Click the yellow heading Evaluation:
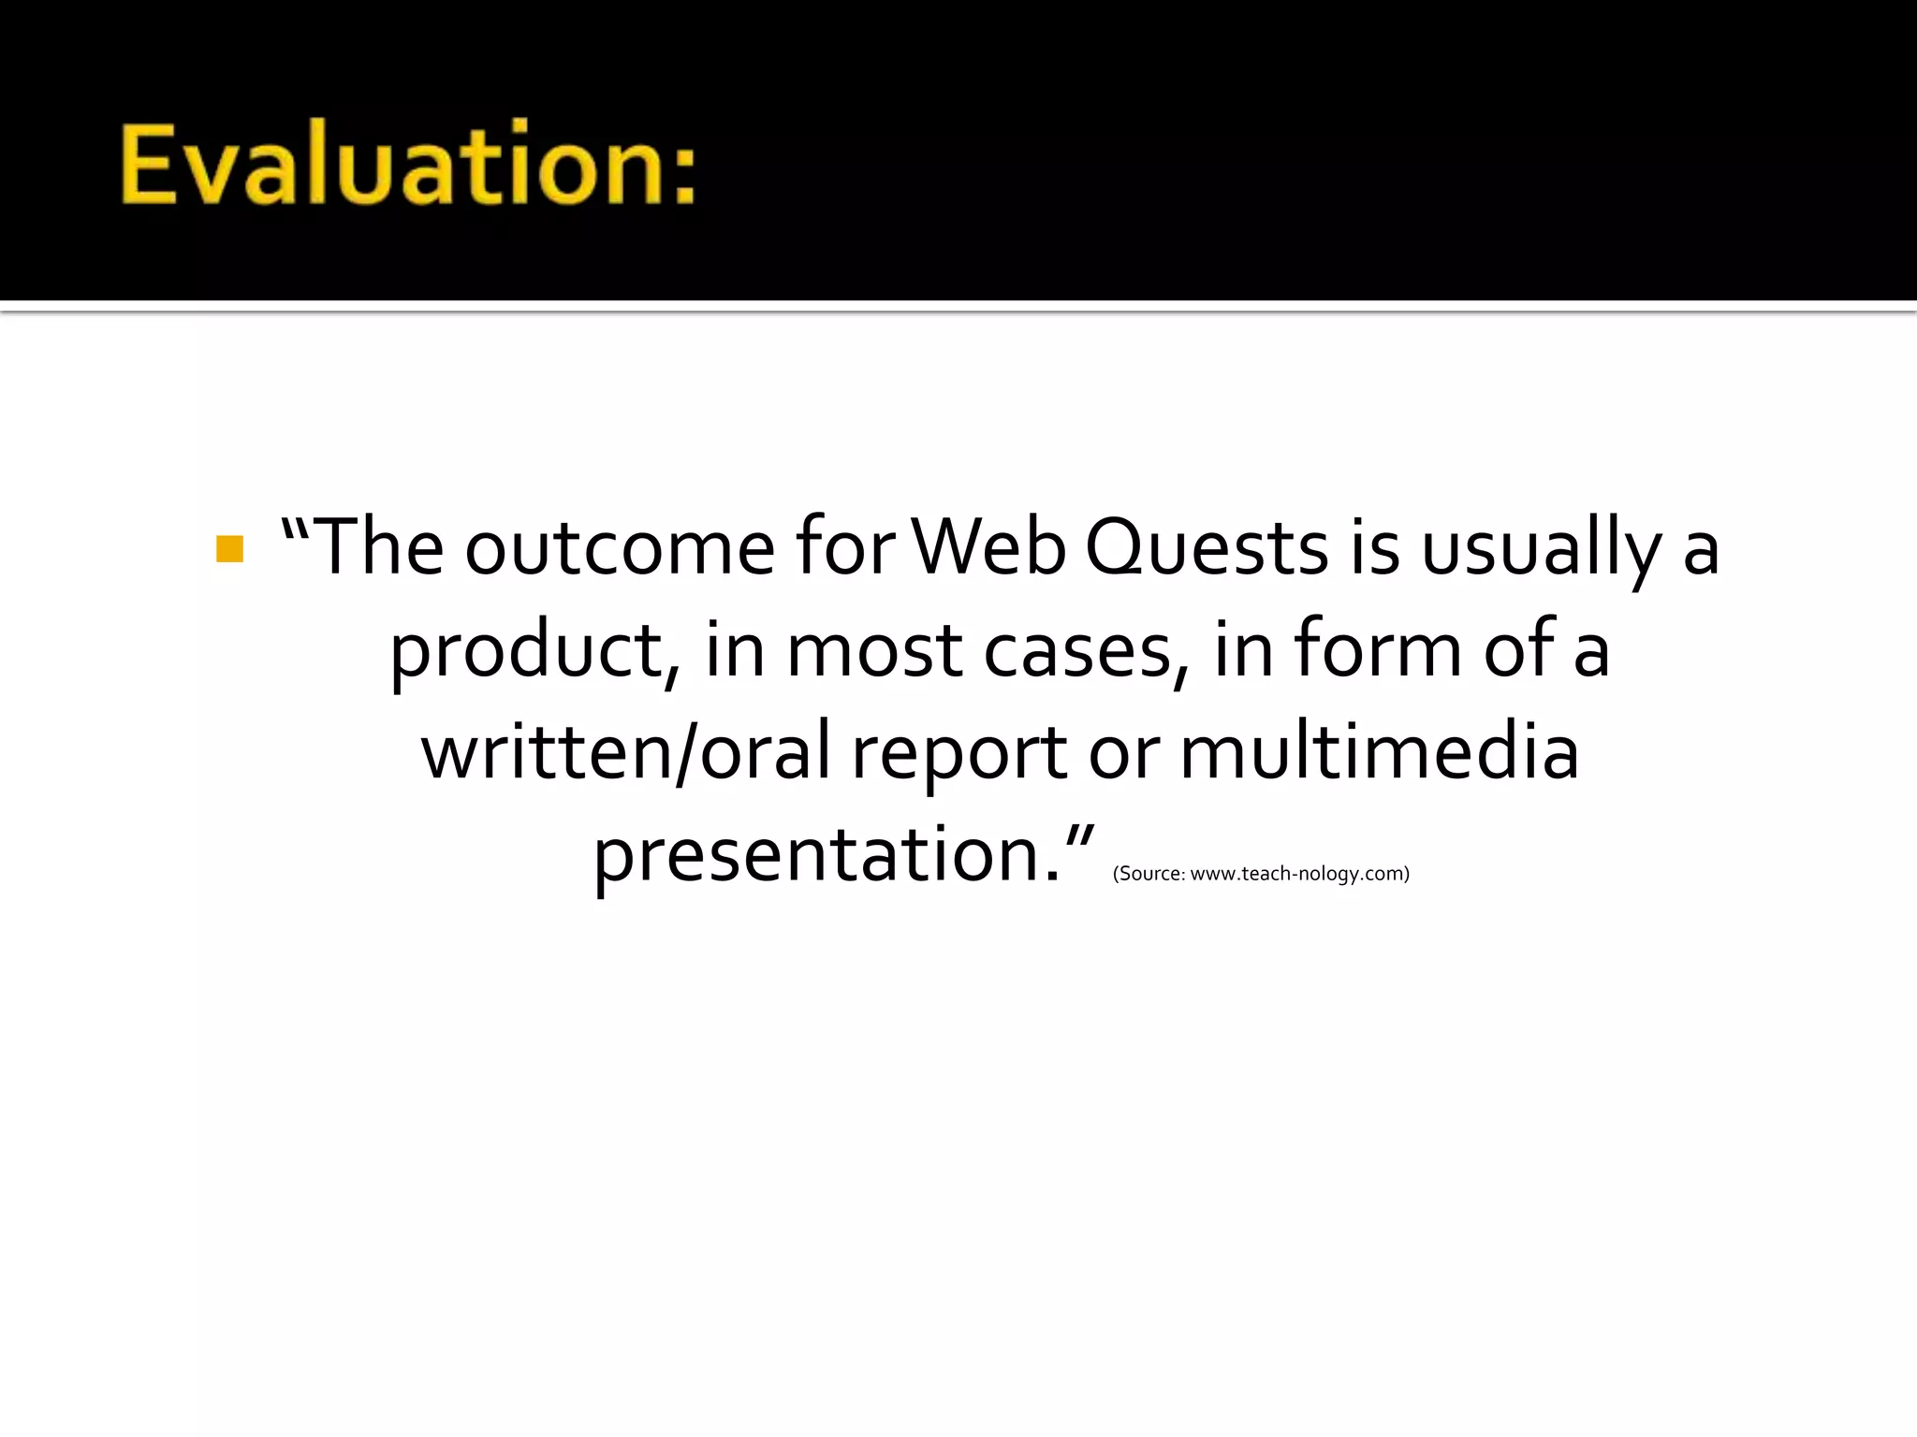tap(408, 165)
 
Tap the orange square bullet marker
tap(229, 549)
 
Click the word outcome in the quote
tap(620, 548)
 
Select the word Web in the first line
tap(988, 548)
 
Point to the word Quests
tap(1207, 548)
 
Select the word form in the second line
tap(1378, 649)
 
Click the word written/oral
tap(625, 753)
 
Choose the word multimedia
tap(1379, 753)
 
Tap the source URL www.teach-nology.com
tap(1297, 874)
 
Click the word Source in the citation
tap(1149, 874)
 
